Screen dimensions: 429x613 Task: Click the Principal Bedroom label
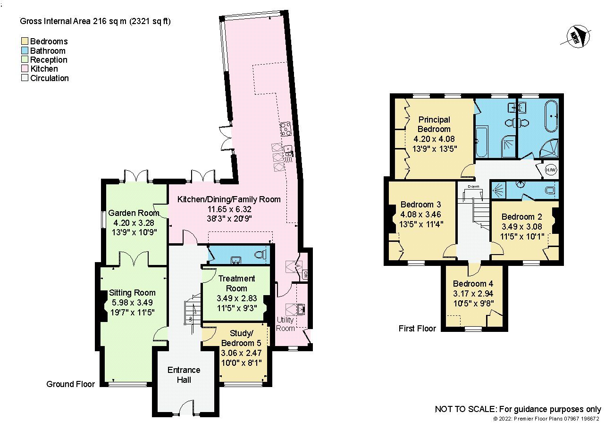tap(434, 124)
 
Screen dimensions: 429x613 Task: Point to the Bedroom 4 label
tap(473, 284)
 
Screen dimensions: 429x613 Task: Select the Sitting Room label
tap(132, 293)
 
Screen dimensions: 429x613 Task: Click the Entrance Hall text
tap(184, 375)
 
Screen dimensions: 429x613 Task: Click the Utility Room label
tap(286, 324)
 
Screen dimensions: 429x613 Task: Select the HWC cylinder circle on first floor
tap(551, 169)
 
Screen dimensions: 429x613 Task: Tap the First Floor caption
tap(417, 328)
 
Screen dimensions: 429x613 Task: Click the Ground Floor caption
tap(70, 384)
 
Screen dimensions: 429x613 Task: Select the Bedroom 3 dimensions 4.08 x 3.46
tap(420, 214)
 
